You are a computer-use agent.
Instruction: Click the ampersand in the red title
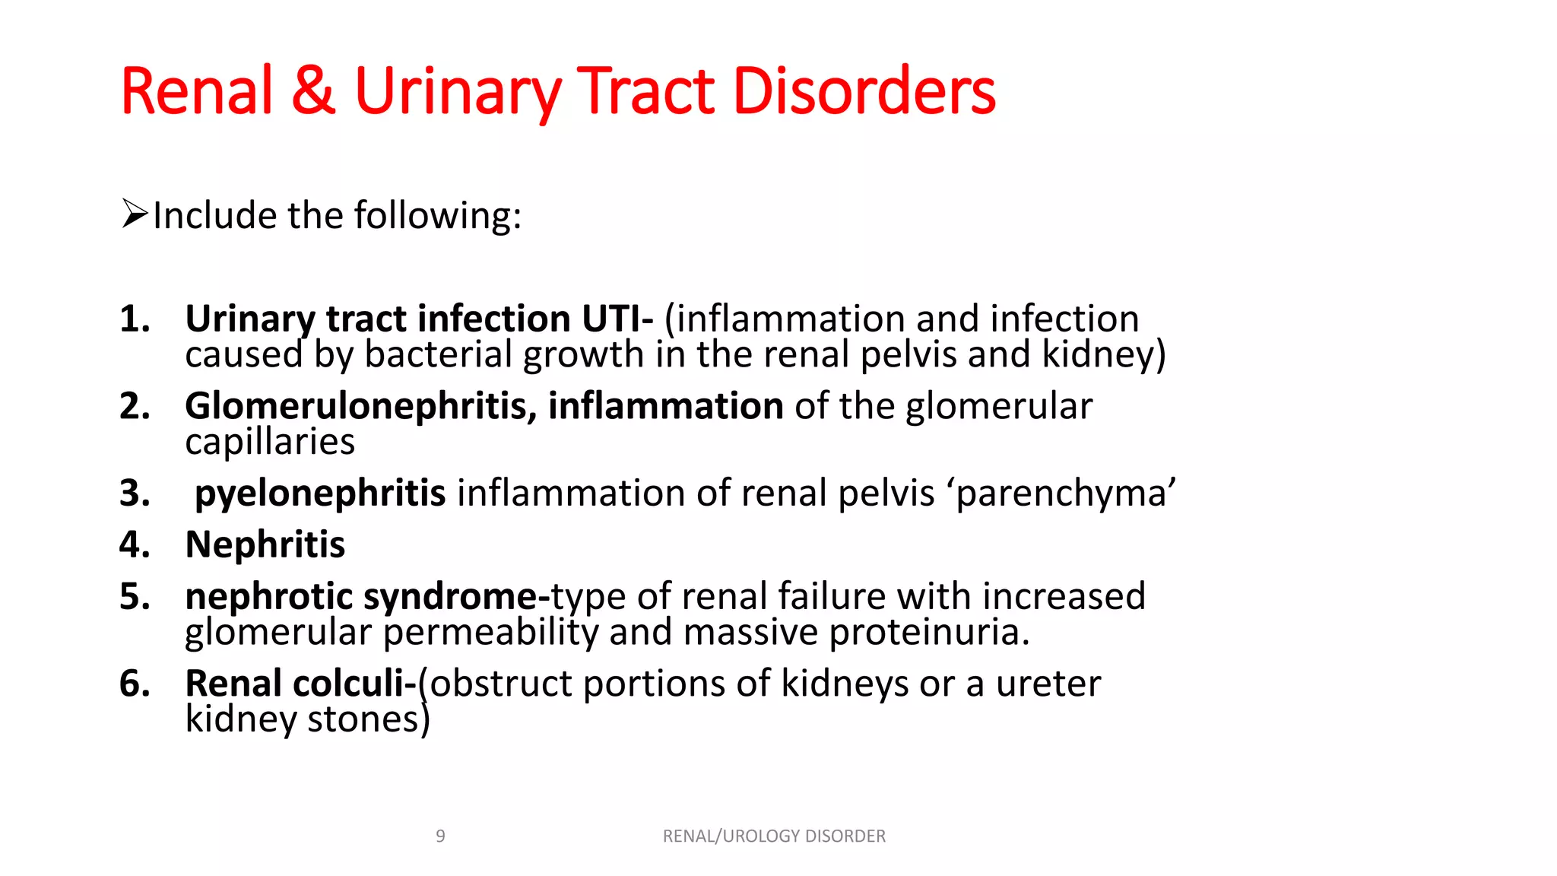coord(312,91)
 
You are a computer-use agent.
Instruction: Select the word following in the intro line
coord(438,216)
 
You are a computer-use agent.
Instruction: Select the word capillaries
coord(270,442)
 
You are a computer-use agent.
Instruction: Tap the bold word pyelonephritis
coord(320,494)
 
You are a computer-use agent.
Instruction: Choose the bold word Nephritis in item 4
coord(265,545)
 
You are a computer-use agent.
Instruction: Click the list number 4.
coord(134,545)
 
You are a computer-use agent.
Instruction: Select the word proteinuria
coord(929,632)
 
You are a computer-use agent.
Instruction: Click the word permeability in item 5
coord(490,632)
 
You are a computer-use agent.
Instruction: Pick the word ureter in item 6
coord(1048,684)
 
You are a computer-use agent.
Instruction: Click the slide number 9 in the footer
coord(440,836)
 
